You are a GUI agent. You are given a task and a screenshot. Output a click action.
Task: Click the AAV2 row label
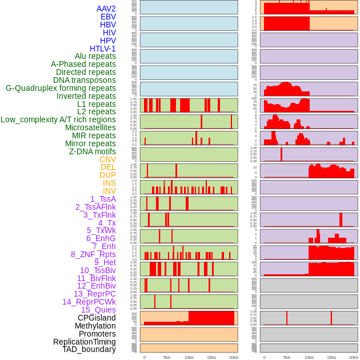[x=106, y=9]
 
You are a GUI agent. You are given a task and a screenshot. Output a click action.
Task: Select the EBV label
[x=108, y=17]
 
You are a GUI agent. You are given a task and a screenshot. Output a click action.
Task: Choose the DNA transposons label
[x=85, y=80]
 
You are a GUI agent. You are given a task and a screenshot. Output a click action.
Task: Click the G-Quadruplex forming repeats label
[x=61, y=88]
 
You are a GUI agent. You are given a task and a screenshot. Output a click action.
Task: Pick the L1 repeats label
[x=97, y=104]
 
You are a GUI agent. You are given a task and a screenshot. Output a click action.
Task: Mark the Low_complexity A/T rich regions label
[x=58, y=119]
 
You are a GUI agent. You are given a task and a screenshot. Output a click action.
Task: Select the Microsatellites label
[x=90, y=127]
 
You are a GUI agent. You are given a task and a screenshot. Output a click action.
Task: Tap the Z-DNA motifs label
[x=93, y=151]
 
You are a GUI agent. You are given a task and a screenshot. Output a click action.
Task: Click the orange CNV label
[x=107, y=159]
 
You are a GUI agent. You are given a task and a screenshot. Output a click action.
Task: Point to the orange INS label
[x=109, y=183]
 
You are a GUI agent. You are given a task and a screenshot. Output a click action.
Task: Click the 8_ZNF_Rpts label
[x=93, y=254]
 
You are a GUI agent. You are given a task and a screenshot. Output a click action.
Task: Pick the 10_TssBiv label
[x=98, y=270]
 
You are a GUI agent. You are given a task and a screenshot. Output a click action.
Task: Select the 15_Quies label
[x=98, y=310]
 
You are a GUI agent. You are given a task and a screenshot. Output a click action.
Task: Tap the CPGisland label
[x=97, y=318]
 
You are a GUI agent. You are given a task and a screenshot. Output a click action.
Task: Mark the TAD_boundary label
[x=89, y=349]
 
